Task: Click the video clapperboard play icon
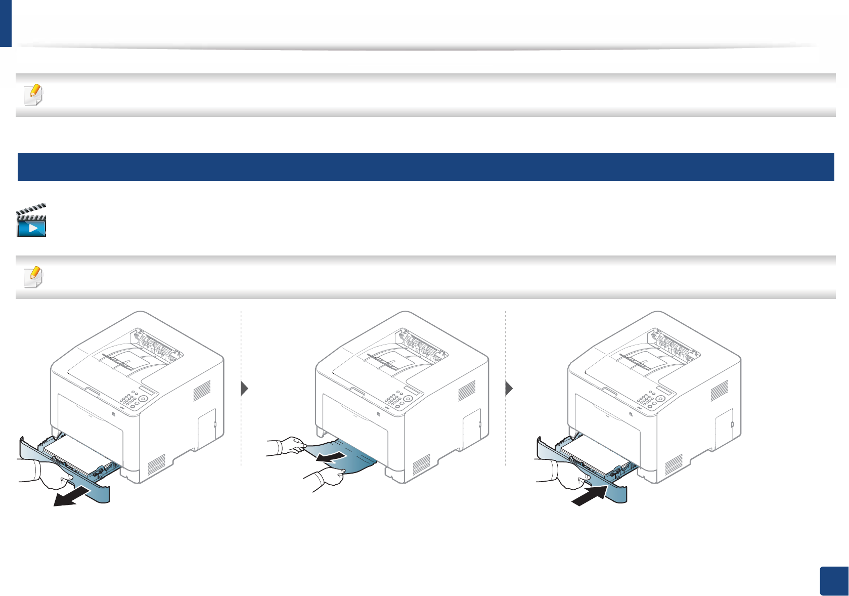click(31, 221)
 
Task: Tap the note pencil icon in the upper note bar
click(33, 95)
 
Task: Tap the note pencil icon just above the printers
click(33, 277)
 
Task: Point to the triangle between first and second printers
click(245, 389)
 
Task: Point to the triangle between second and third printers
click(509, 389)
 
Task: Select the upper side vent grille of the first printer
click(202, 391)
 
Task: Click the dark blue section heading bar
click(425, 167)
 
